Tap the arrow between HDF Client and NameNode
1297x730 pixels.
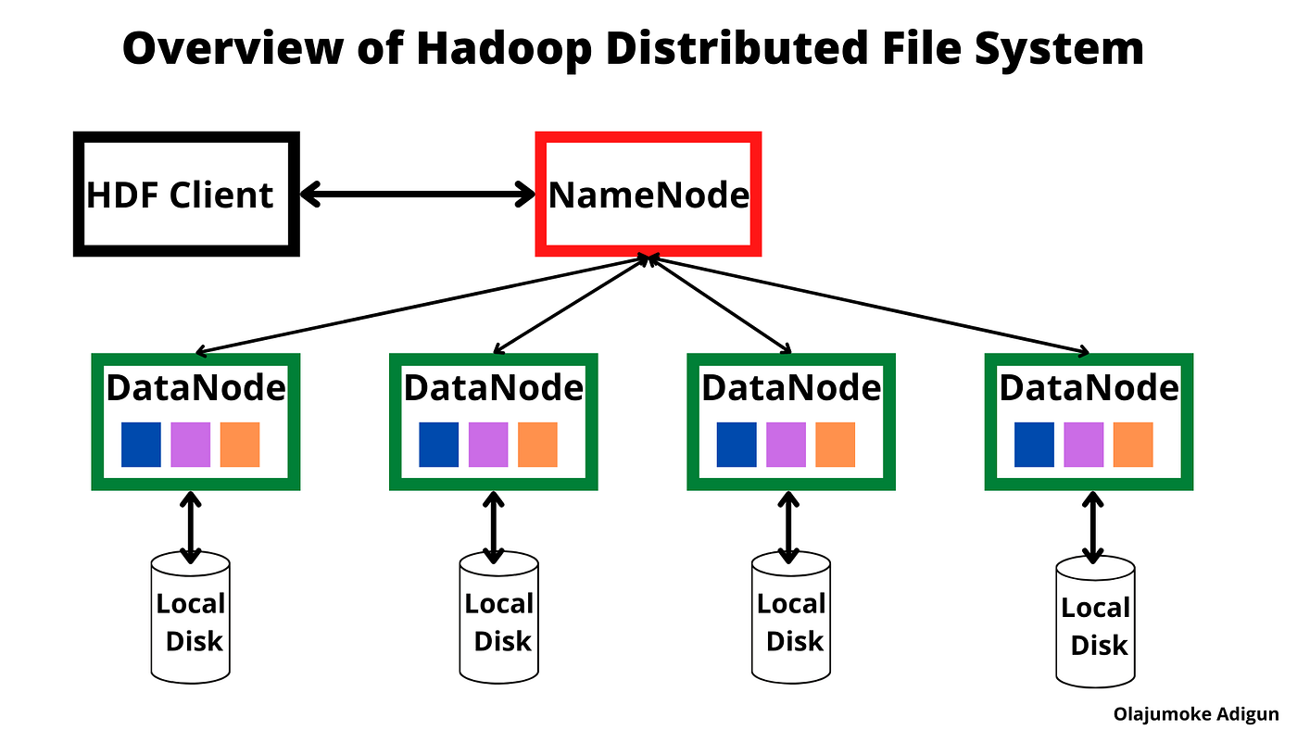pos(418,194)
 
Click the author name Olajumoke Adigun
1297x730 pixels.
pos(1196,714)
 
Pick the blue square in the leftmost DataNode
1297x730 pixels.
pos(141,445)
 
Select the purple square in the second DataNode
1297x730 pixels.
pos(488,445)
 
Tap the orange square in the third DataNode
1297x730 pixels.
pos(835,445)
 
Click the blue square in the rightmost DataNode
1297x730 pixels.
pos(1034,445)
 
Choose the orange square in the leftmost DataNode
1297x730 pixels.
pos(240,445)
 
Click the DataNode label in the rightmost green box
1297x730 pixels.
pos(1089,387)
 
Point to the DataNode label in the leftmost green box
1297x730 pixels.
pos(195,387)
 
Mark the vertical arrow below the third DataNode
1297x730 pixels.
pos(788,527)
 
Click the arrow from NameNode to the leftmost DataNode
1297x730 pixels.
pos(422,305)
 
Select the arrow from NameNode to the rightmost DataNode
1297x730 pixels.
pos(869,305)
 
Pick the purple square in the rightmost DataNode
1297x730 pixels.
pos(1084,445)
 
